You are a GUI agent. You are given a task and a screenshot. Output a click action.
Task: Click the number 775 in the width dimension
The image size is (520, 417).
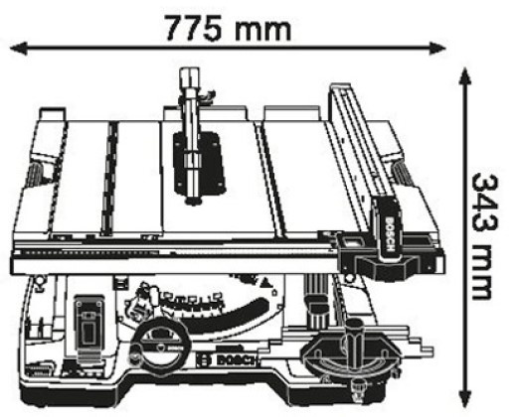tap(193, 28)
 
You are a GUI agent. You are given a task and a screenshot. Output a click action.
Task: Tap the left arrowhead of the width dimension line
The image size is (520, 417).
tap(18, 49)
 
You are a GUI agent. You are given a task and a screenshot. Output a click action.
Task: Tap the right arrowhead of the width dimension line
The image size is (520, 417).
tap(437, 49)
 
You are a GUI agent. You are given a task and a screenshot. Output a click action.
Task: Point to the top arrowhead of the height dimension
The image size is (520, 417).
tap(465, 76)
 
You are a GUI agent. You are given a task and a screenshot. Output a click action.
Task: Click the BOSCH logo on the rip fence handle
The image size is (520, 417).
tap(389, 233)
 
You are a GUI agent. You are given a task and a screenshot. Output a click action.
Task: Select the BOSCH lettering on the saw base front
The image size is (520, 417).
tap(226, 359)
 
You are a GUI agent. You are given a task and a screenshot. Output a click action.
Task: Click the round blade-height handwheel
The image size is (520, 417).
tap(160, 345)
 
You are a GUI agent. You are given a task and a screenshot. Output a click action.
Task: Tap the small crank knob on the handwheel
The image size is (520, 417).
tap(135, 355)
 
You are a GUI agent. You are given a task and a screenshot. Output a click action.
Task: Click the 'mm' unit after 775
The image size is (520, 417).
tap(263, 31)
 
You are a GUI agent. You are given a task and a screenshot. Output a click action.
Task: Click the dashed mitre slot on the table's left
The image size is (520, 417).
tap(109, 179)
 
